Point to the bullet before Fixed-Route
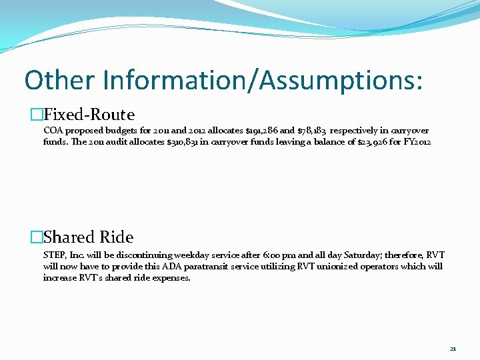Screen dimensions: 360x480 [36, 115]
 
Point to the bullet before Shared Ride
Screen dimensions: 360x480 [36, 237]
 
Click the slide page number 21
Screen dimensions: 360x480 [453, 348]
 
